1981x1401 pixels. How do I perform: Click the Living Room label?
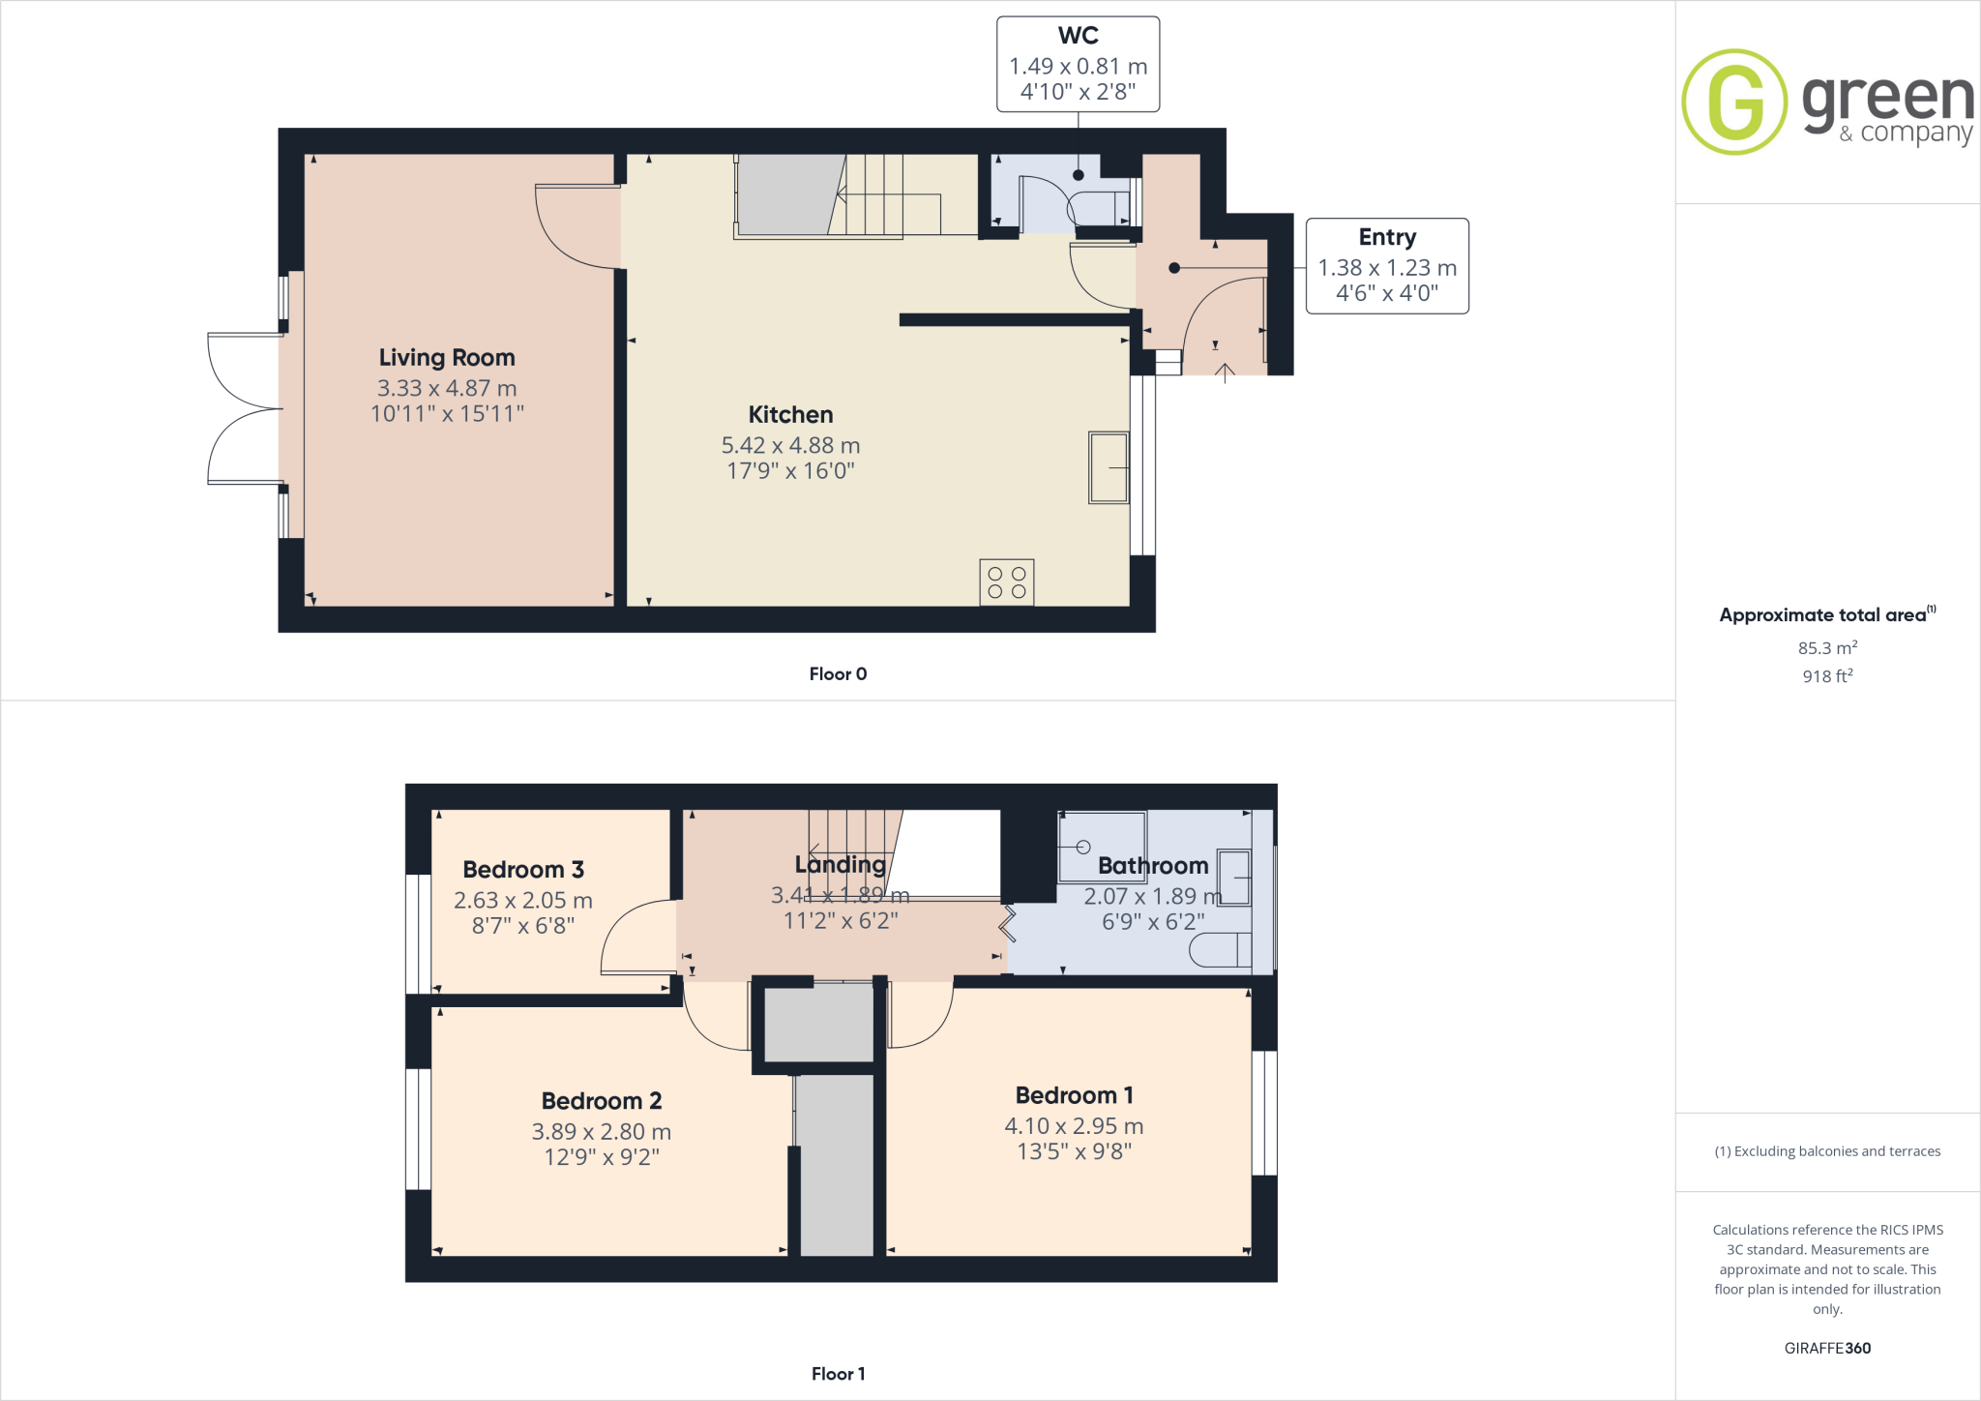(x=447, y=357)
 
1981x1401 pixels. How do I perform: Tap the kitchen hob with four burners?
(x=1006, y=582)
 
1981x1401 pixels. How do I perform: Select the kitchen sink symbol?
(x=1109, y=467)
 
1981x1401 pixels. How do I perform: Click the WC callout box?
(x=1078, y=64)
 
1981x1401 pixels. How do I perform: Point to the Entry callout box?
(x=1386, y=265)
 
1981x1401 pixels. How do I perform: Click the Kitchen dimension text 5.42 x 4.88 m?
(x=790, y=445)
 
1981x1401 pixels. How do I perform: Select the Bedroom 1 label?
(x=1074, y=1095)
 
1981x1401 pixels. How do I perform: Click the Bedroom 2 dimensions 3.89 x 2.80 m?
(x=601, y=1131)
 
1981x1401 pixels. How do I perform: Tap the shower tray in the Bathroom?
(x=1102, y=847)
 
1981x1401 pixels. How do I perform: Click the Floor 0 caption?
(x=838, y=674)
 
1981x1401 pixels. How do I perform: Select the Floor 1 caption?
(x=838, y=1374)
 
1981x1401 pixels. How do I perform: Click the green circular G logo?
(x=1734, y=102)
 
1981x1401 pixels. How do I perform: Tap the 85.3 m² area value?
(x=1826, y=647)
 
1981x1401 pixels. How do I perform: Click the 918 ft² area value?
(x=1826, y=675)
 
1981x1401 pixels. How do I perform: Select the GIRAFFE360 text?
(x=1826, y=1348)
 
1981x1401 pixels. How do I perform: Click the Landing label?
(x=840, y=864)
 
